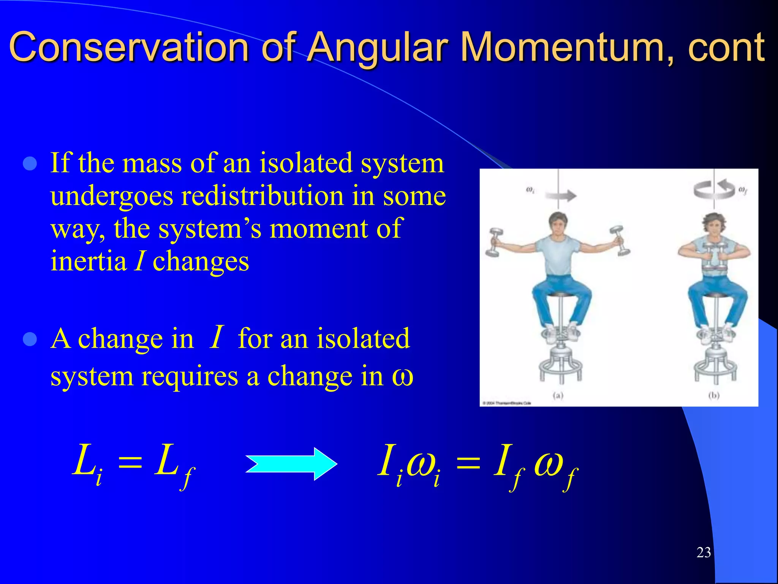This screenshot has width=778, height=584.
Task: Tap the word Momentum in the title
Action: pyautogui.click(x=562, y=47)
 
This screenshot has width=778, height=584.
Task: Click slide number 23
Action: pyautogui.click(x=704, y=552)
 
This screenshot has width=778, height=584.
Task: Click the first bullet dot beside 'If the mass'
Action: pyautogui.click(x=30, y=164)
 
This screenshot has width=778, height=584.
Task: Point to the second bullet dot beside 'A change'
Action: pyautogui.click(x=30, y=339)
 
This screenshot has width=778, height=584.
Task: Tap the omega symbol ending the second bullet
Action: pyautogui.click(x=402, y=377)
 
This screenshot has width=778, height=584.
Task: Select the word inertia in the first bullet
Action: pyautogui.click(x=89, y=262)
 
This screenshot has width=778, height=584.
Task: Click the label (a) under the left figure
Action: pyautogui.click(x=558, y=395)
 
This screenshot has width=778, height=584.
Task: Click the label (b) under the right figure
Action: pyautogui.click(x=714, y=395)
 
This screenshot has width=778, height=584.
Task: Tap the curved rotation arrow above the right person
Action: pyautogui.click(x=714, y=189)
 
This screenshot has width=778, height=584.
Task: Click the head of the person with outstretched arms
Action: pyautogui.click(x=558, y=224)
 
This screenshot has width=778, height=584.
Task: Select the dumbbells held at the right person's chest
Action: pyautogui.click(x=714, y=257)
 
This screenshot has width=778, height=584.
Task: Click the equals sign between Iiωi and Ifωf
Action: pyautogui.click(x=468, y=463)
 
